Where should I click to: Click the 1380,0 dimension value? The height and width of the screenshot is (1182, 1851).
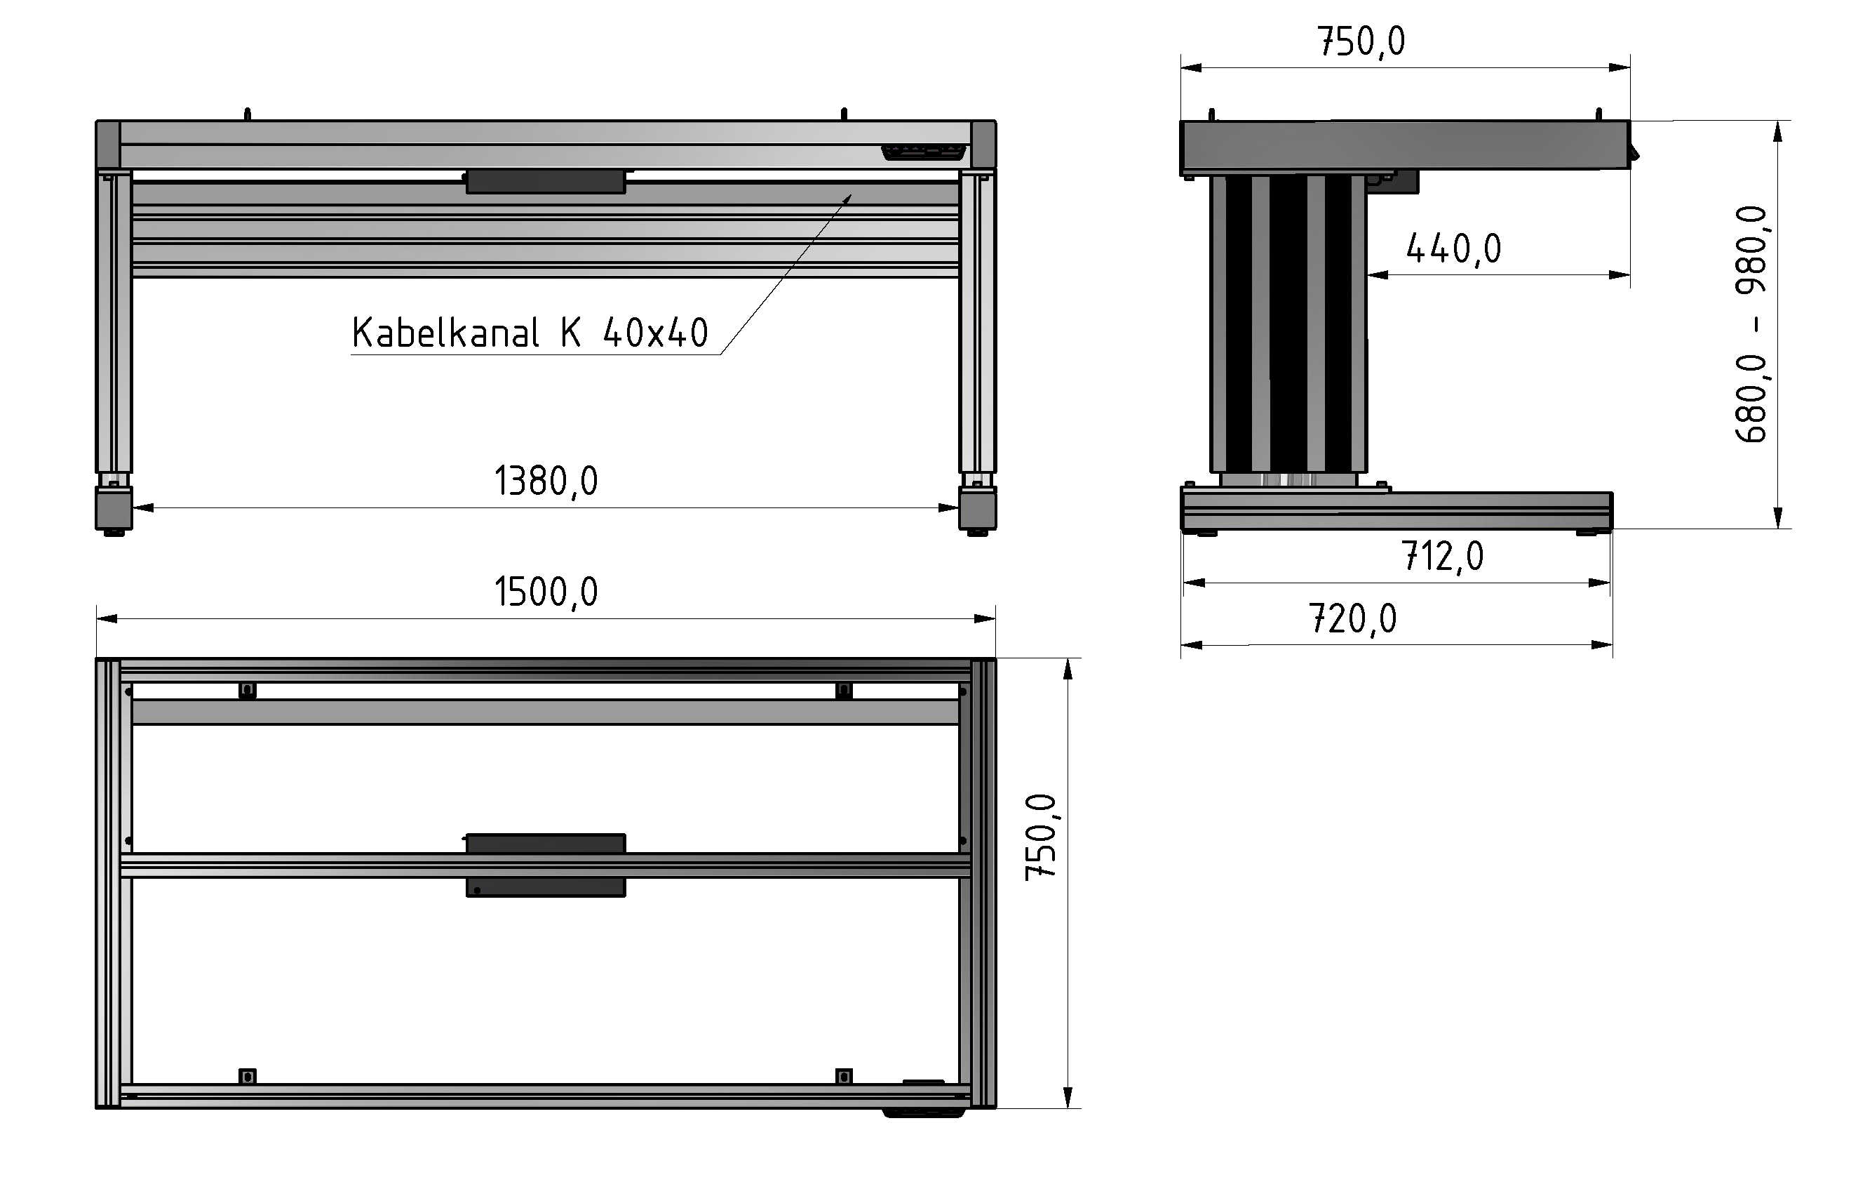545,482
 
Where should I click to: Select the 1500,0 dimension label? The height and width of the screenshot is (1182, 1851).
545,592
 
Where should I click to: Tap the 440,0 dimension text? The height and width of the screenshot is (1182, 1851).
1453,249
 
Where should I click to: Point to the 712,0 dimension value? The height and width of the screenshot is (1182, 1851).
1441,556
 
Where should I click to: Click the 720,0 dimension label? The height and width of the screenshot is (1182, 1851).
1352,618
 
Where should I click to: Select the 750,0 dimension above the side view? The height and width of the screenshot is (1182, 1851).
1361,41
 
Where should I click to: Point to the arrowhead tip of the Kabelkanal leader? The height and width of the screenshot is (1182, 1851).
851,195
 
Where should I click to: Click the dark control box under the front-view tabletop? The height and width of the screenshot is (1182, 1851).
545,182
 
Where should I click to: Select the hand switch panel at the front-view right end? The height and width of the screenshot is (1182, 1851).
922,152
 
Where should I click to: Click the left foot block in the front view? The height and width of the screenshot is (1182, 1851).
114,509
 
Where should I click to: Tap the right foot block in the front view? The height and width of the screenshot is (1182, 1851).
977,509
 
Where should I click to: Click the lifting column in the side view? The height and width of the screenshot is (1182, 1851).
1288,323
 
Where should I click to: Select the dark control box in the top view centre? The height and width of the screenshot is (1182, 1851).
545,865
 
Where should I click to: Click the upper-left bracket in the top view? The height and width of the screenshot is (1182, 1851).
247,690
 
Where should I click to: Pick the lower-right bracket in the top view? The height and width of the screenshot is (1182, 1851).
843,1077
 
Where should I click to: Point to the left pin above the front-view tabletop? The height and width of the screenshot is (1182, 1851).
247,114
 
